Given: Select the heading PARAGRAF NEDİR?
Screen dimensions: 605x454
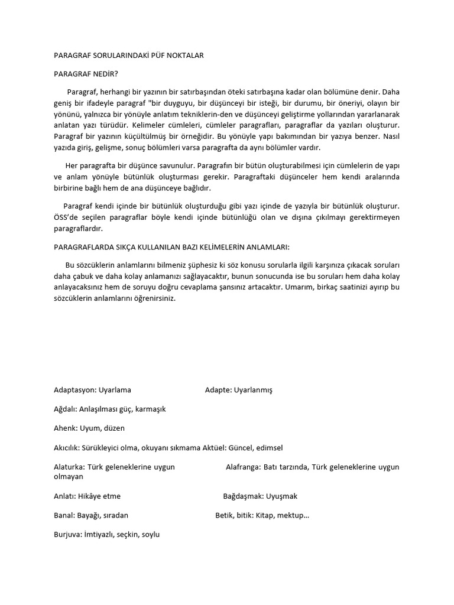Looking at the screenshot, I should coord(82,74).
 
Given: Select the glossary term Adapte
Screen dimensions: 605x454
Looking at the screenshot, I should coord(218,391).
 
